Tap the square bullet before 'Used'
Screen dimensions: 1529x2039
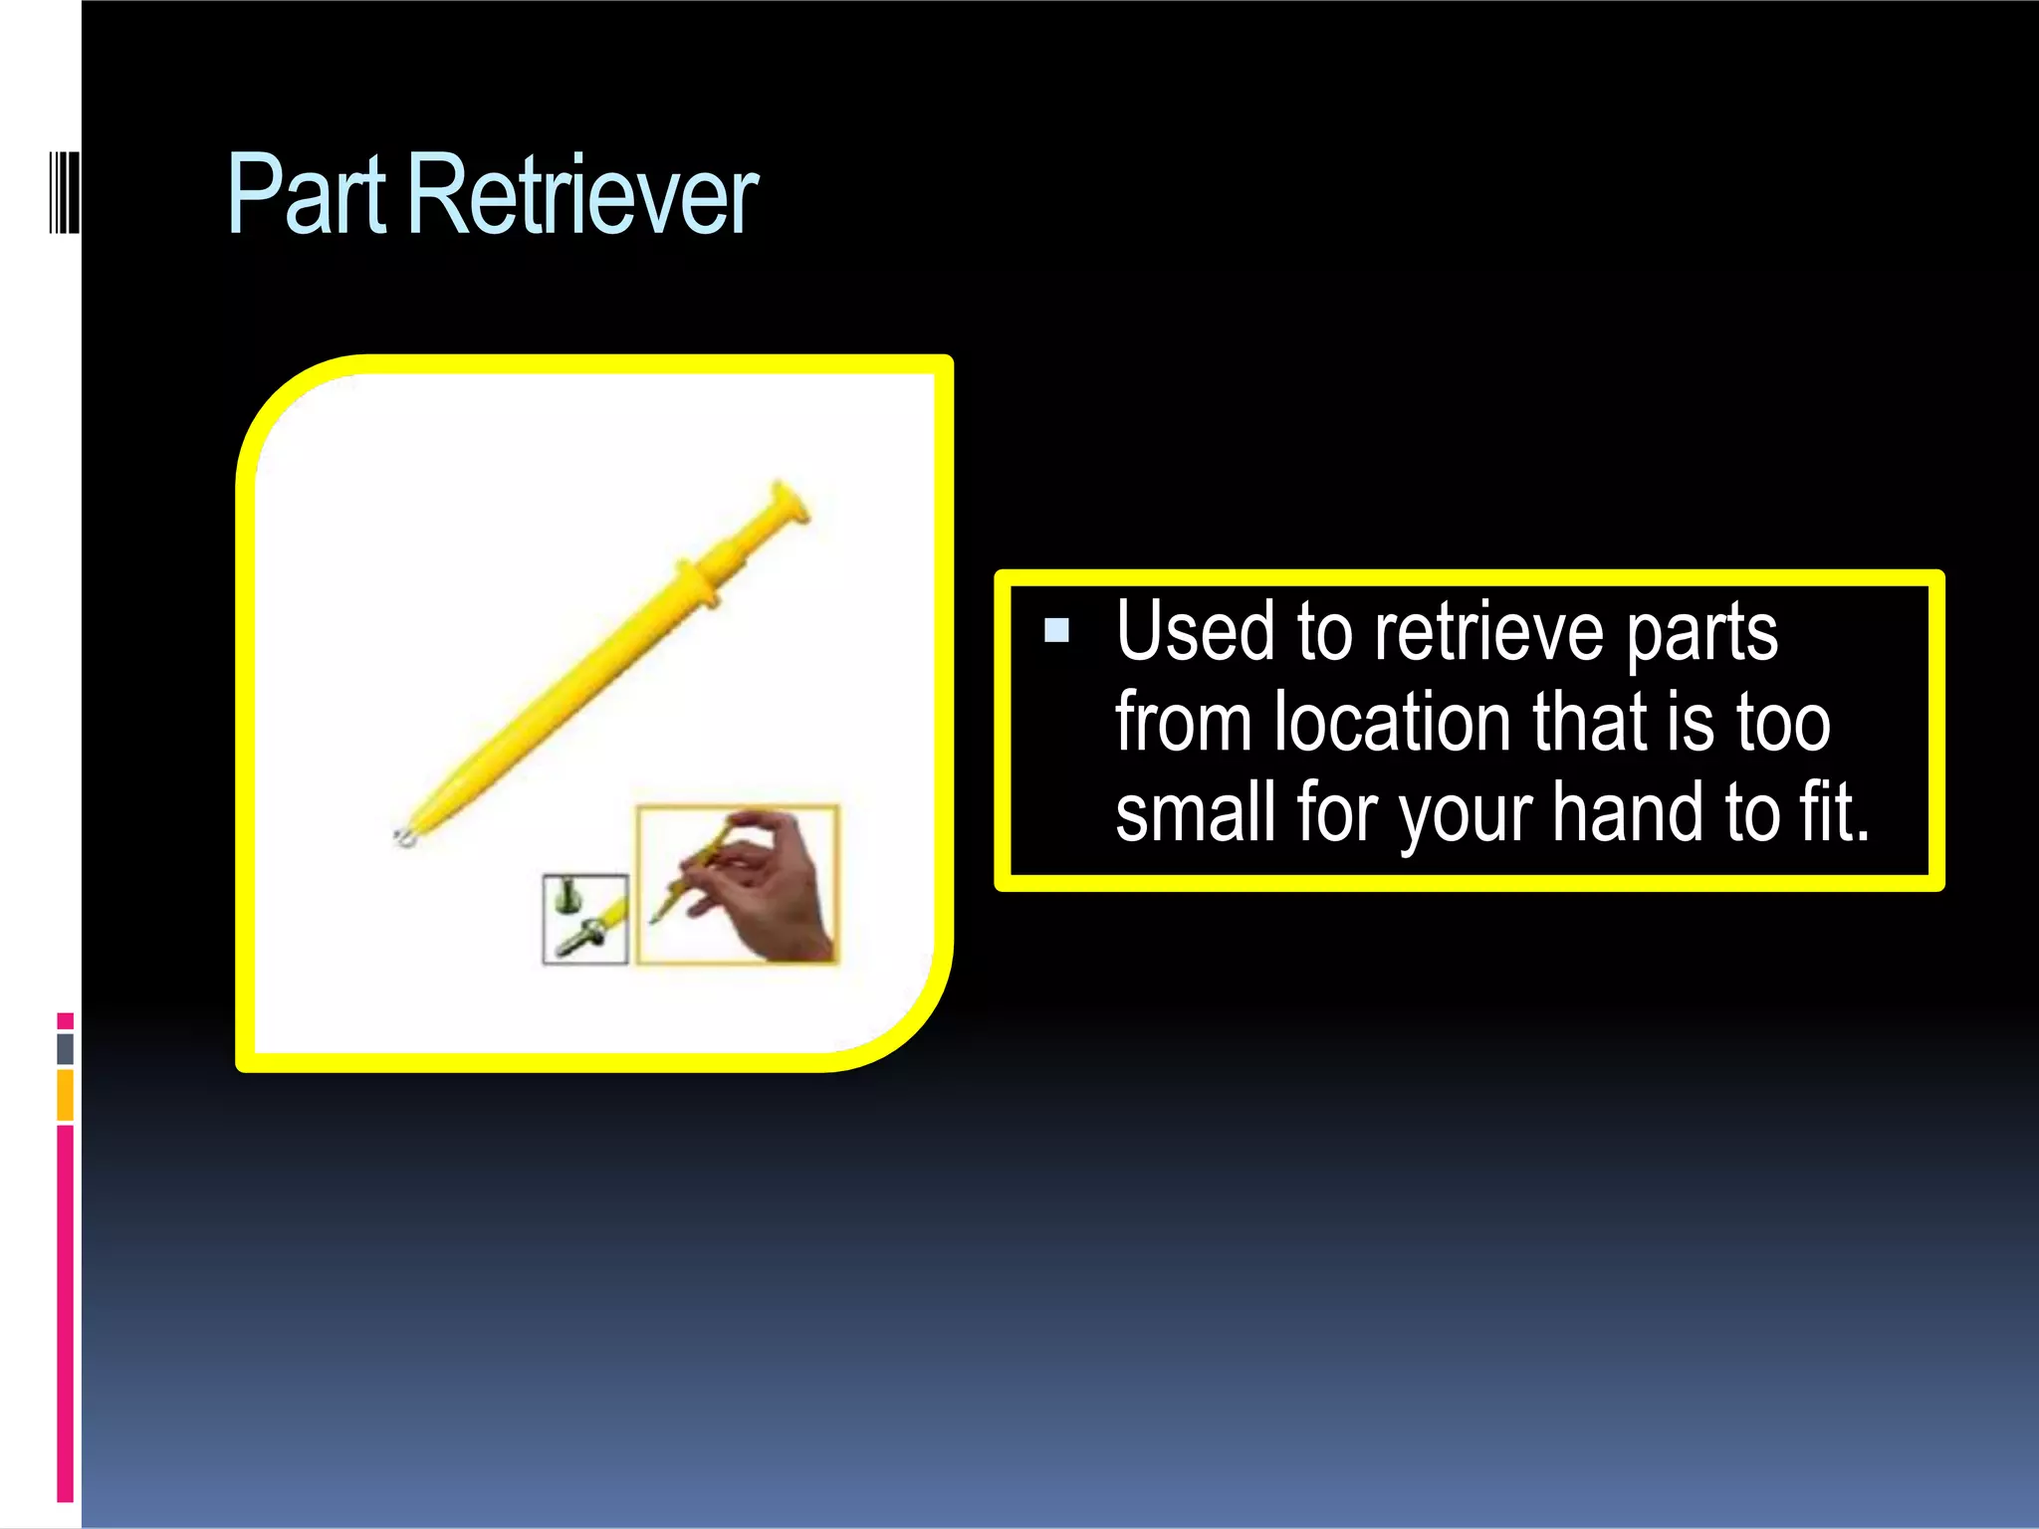coord(1056,630)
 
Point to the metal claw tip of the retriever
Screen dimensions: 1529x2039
coord(405,836)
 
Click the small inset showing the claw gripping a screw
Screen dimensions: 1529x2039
coord(585,919)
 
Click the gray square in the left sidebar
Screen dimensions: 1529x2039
coord(66,1048)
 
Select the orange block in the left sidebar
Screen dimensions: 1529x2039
coord(66,1095)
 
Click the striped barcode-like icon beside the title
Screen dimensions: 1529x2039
coord(64,193)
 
